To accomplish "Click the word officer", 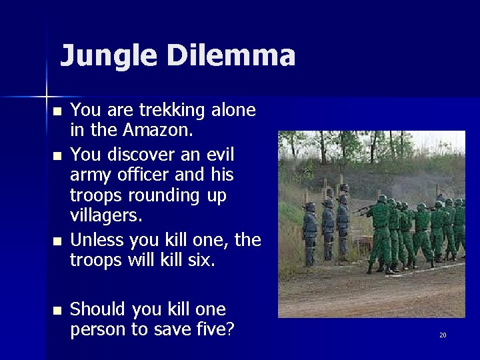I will [x=144, y=175].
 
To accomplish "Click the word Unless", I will [x=94, y=239].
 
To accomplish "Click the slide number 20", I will [x=443, y=335].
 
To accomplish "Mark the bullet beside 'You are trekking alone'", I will [x=58, y=111].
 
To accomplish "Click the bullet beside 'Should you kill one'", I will [x=58, y=311].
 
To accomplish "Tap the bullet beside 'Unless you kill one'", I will [x=58, y=241].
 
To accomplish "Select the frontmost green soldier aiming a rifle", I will [x=381, y=230].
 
